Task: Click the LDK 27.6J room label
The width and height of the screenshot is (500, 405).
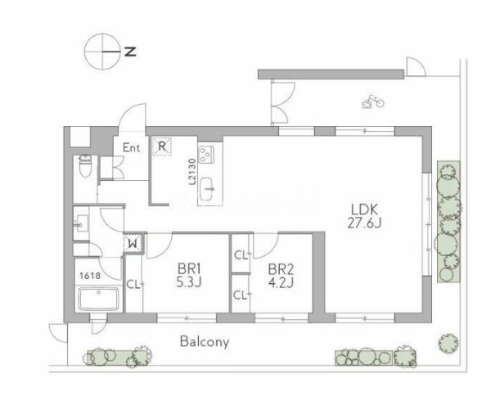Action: (364, 216)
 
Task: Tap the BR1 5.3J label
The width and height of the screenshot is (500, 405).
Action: (189, 276)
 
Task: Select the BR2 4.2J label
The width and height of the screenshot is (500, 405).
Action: (281, 276)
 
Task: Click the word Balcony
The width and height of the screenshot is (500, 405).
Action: (205, 342)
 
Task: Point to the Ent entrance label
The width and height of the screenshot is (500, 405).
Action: (132, 147)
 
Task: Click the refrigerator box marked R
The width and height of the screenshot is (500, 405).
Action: (162, 146)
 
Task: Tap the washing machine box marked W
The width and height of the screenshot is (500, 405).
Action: (133, 244)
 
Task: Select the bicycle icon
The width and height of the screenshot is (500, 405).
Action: (373, 101)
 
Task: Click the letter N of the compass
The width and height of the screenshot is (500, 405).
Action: (130, 52)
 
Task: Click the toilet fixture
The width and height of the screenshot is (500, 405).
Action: (85, 165)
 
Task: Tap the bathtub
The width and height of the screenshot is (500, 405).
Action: (99, 299)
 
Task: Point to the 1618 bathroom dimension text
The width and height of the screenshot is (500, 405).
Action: (90, 276)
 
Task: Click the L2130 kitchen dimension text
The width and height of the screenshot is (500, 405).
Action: (192, 172)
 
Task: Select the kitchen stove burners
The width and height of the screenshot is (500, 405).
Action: (206, 155)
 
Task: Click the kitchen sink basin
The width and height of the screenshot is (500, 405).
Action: (207, 189)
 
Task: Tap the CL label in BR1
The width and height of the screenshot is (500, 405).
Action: (134, 285)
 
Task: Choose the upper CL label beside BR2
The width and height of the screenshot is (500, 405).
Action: (242, 255)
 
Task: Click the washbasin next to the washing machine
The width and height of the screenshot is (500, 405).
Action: (82, 223)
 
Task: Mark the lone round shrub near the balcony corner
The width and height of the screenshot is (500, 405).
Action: (448, 344)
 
